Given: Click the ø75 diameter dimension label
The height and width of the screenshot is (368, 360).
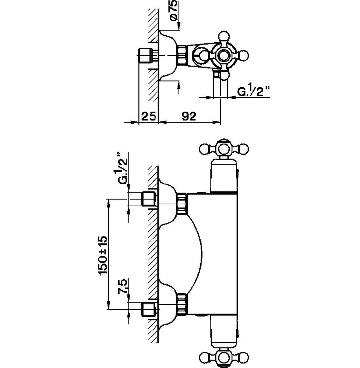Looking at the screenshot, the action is click(174, 11).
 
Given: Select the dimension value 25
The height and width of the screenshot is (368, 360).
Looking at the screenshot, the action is click(149, 116).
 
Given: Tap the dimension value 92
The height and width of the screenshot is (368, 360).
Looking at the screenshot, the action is click(189, 116).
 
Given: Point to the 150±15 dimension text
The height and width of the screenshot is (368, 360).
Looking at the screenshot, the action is click(103, 255).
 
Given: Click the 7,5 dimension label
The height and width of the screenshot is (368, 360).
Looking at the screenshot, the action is click(123, 286).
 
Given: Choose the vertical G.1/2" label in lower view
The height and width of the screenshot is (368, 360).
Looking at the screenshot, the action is click(123, 168).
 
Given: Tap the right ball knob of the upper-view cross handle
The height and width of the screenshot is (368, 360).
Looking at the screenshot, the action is click(243, 56).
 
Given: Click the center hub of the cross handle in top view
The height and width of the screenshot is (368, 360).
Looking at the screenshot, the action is click(222, 56).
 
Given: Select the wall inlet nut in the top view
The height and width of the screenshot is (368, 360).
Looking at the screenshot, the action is click(145, 56).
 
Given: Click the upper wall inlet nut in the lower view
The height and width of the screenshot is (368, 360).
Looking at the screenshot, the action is click(149, 199).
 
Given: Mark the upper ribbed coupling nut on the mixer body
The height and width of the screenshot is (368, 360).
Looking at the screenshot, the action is click(182, 204).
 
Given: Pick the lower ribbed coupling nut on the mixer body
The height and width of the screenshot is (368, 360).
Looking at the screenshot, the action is click(182, 304).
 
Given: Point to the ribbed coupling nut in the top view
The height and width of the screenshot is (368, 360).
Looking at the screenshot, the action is click(182, 56).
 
